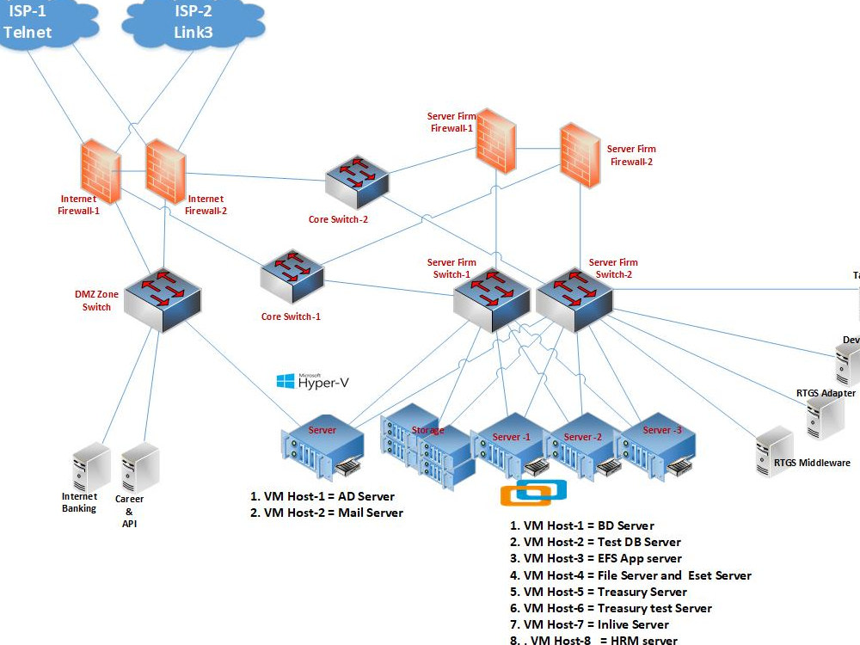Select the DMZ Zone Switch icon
162,301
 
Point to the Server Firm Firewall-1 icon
497,139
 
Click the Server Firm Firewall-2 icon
580,153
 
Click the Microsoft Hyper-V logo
312,381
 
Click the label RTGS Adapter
826,393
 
